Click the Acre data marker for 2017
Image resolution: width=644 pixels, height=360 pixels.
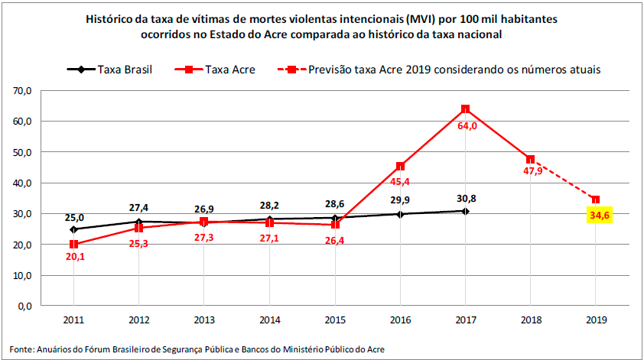[x=465, y=109]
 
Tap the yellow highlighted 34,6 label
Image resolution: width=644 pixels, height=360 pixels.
[x=596, y=215]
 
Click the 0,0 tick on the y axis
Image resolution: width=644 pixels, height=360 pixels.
[x=24, y=306]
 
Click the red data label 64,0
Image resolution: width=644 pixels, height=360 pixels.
[x=467, y=126]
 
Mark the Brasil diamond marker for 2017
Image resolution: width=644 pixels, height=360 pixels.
[x=465, y=211]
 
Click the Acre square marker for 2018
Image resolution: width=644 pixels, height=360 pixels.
[x=530, y=159]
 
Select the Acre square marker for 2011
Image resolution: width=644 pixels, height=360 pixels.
[x=73, y=244]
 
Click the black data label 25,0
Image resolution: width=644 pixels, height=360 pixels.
[x=73, y=217]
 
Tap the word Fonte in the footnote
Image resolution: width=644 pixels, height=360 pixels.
[x=21, y=349]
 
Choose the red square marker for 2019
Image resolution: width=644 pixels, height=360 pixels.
[x=596, y=199]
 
